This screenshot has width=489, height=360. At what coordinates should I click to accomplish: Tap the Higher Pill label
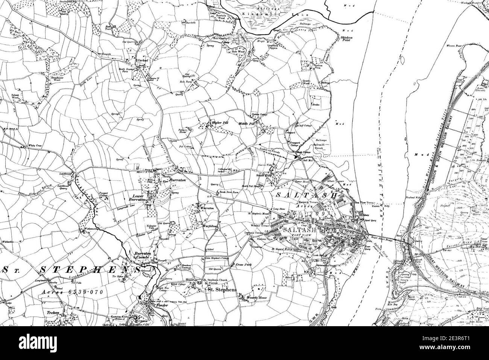(x=218, y=122)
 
